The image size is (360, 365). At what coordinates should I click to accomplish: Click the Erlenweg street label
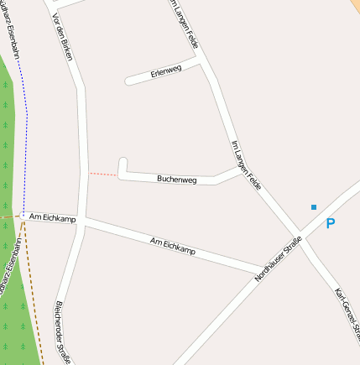166,72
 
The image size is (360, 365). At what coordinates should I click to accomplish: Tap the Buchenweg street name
176,179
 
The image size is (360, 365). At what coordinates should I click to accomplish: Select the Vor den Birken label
64,38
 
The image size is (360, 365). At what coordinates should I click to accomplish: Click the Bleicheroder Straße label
61,331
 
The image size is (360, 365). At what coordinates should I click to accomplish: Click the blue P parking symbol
330,224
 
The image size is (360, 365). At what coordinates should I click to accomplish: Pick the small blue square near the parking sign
314,206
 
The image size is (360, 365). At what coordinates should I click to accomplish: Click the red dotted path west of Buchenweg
103,174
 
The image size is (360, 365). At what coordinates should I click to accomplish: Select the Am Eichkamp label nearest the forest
52,218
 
